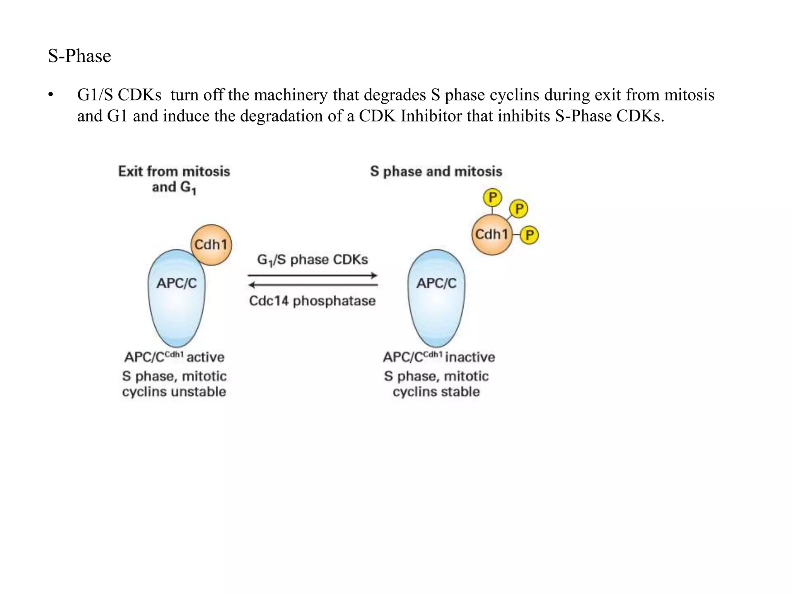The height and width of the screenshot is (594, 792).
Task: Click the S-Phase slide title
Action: [x=79, y=56]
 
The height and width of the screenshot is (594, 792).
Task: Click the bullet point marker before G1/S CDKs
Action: [x=50, y=95]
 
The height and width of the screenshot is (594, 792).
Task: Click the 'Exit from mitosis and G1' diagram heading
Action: [x=174, y=179]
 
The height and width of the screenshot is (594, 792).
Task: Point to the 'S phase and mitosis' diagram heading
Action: [x=436, y=171]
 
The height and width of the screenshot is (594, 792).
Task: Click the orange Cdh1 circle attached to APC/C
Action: [x=211, y=244]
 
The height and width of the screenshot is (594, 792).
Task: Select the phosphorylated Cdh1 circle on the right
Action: [x=492, y=234]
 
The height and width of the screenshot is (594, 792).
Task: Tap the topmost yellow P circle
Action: [x=492, y=198]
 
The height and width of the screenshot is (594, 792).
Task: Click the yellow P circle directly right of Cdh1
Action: [x=529, y=235]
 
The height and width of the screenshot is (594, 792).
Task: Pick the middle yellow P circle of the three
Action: [x=519, y=209]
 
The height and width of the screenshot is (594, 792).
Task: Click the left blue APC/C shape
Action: [x=177, y=298]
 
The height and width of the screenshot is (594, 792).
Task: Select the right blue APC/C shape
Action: [x=437, y=298]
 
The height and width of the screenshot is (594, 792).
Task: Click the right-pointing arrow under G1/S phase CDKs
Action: [x=312, y=276]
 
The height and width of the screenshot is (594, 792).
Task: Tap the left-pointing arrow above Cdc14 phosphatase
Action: [x=312, y=285]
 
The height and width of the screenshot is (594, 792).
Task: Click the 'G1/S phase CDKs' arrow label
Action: [x=312, y=260]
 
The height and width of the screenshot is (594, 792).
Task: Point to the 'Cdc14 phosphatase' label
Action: [x=312, y=301]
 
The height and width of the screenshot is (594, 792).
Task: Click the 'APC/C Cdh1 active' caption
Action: [x=174, y=357]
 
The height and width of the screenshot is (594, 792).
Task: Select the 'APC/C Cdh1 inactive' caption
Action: [x=439, y=357]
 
